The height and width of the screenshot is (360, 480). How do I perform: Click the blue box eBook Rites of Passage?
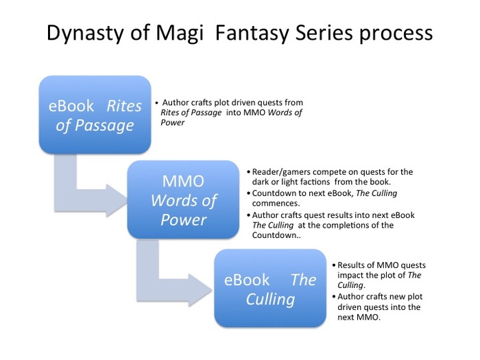click(95, 115)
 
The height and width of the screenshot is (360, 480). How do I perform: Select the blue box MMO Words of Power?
click(183, 200)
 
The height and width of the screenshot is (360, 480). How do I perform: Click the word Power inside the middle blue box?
click(183, 219)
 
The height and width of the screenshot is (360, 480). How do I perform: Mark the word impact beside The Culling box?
click(350, 274)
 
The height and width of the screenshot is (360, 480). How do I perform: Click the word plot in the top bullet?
click(225, 101)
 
